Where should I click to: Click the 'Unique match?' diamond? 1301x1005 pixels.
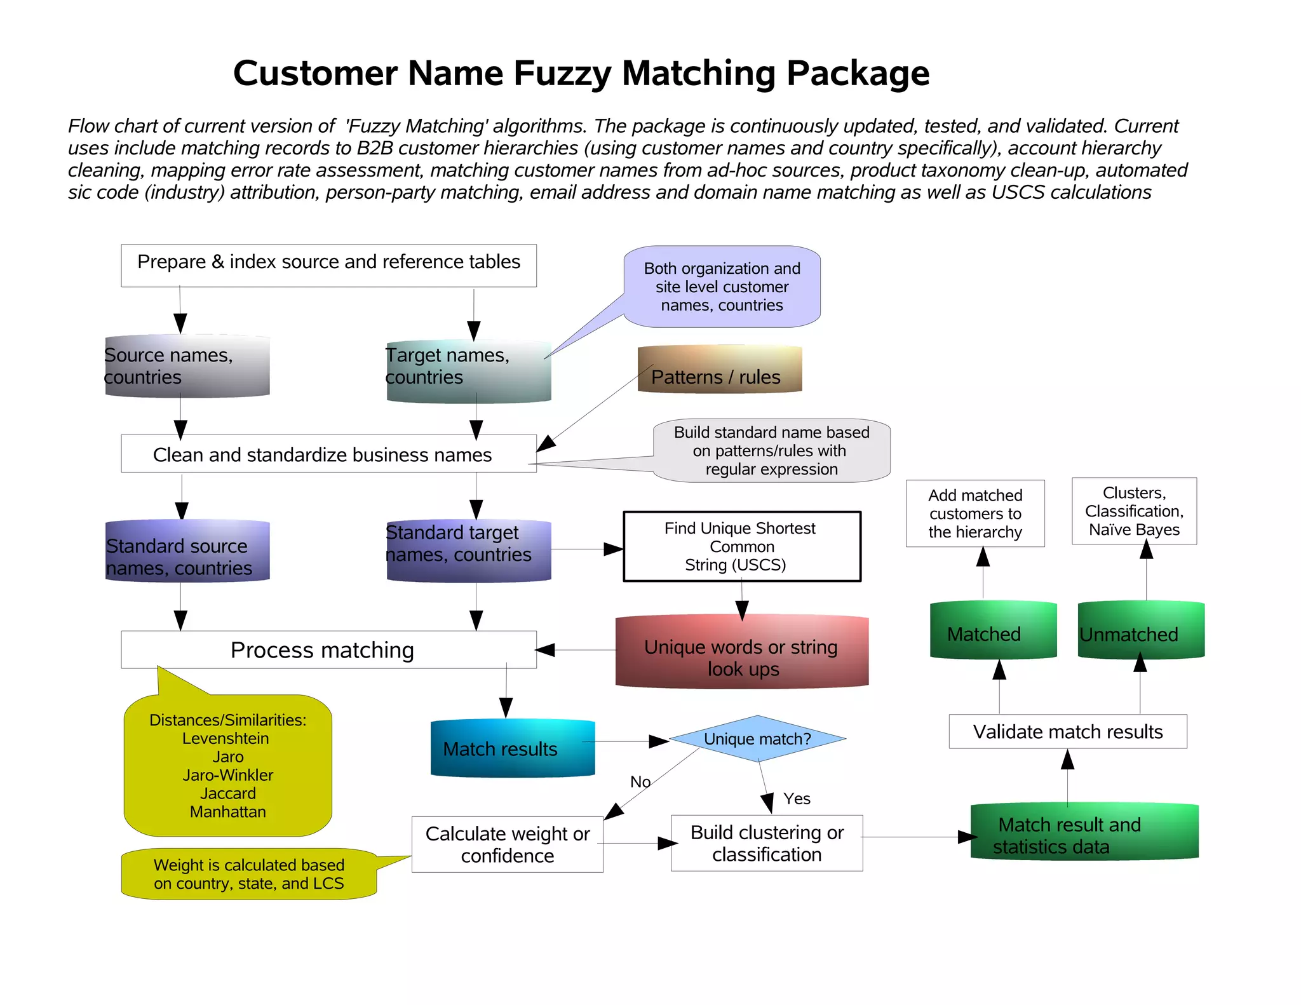click(x=757, y=739)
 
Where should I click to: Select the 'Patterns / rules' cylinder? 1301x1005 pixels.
click(x=720, y=370)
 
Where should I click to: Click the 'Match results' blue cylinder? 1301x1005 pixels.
click(x=513, y=748)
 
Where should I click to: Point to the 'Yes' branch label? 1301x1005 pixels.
click(x=797, y=799)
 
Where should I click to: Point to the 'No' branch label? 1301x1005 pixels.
click(x=640, y=781)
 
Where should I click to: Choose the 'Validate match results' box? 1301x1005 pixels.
click(x=1068, y=732)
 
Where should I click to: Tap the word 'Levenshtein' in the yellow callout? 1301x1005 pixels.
click(x=226, y=738)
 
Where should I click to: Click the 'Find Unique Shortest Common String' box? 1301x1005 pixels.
click(x=742, y=546)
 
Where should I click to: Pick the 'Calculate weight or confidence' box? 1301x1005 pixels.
click(x=508, y=844)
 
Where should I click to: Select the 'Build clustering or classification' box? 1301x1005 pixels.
click(x=767, y=843)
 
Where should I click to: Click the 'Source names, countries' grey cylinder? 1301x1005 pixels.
click(x=187, y=367)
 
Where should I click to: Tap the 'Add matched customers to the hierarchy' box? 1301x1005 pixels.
click(x=975, y=513)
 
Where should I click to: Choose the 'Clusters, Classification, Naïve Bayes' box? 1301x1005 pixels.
click(x=1134, y=511)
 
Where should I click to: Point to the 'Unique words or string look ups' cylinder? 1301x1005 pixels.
click(x=741, y=652)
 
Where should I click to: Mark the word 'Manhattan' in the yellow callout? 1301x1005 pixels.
click(x=227, y=812)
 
